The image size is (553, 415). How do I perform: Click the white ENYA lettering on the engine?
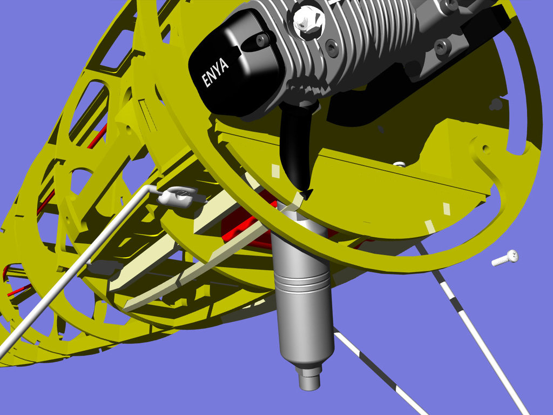(215, 73)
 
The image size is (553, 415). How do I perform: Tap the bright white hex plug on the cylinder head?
(308, 21)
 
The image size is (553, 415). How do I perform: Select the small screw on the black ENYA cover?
(262, 39)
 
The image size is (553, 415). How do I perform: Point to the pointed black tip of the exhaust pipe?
(306, 195)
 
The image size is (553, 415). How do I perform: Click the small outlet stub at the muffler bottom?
(309, 378)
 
